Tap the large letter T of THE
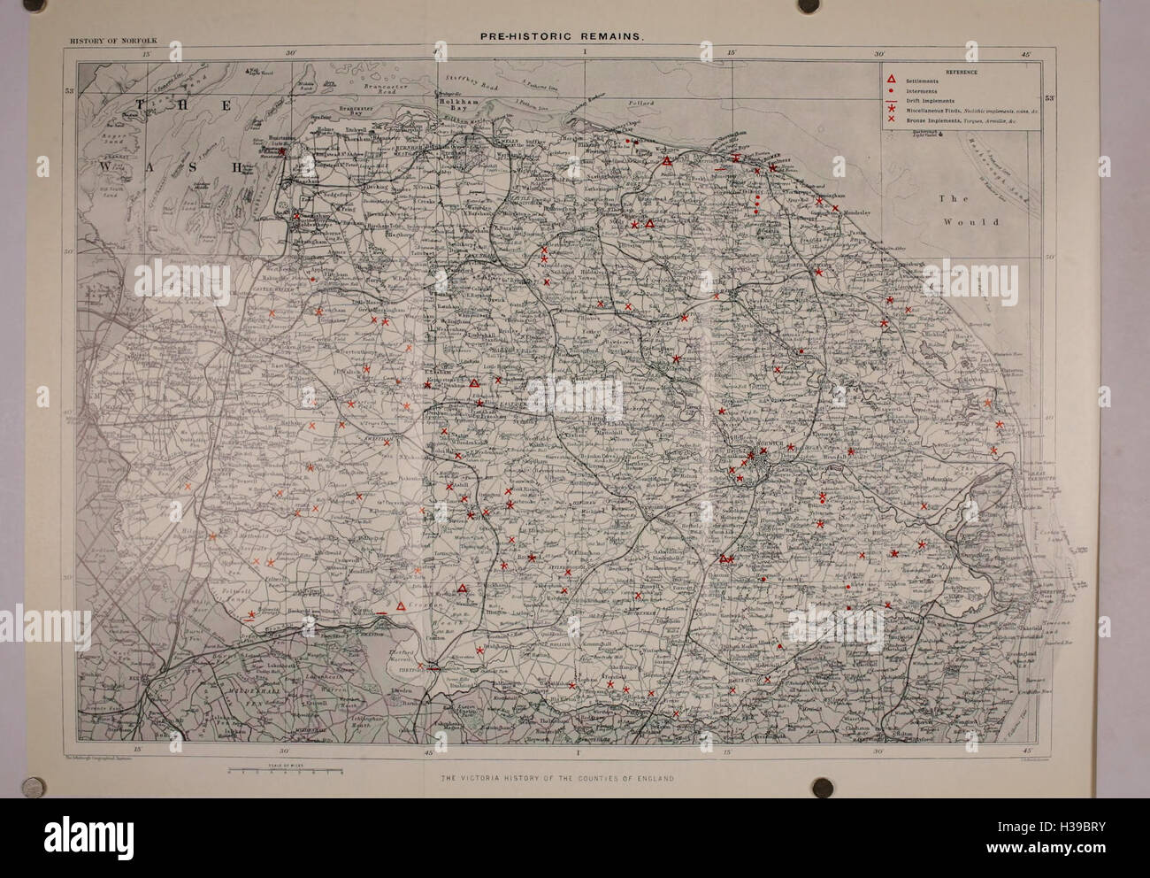point(135,105)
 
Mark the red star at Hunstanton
point(282,150)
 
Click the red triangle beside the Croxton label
point(400,605)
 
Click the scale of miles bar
point(285,771)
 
